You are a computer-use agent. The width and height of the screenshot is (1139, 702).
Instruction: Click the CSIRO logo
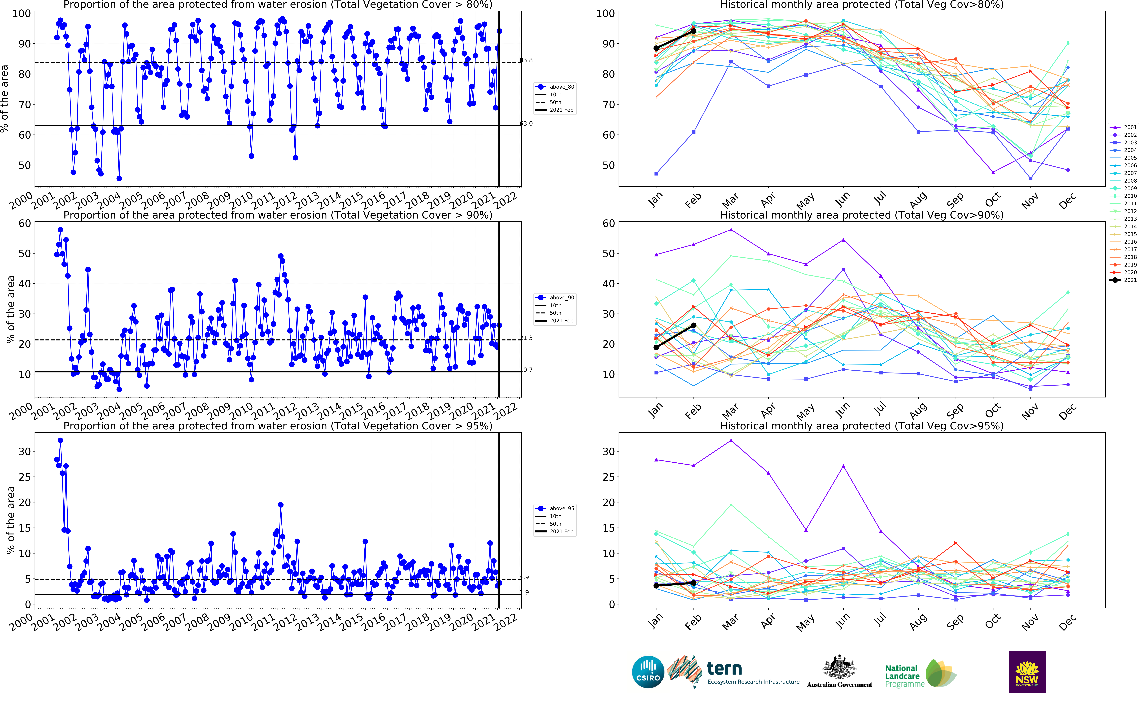648,672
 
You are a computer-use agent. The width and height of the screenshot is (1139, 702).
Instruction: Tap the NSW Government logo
1027,672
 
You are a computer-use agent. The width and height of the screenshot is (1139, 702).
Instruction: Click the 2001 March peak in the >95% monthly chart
731,441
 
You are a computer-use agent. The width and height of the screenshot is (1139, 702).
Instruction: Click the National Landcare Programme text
903,676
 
